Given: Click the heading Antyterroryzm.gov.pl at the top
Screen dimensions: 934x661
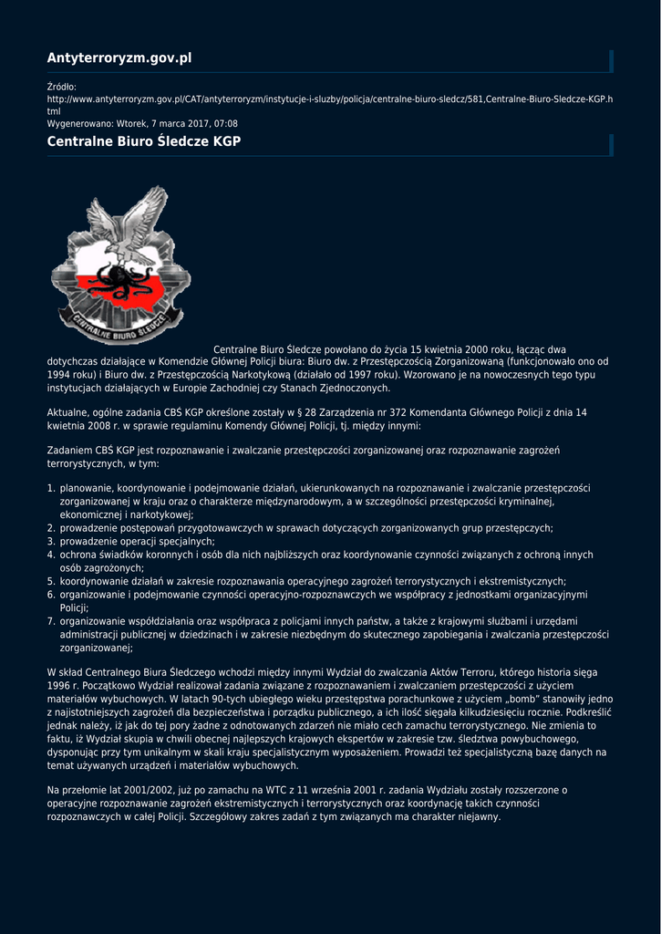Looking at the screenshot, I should coord(119,58).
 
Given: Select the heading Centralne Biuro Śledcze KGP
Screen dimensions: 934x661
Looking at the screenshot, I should coord(143,142).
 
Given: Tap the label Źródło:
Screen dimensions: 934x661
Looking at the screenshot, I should coord(62,87).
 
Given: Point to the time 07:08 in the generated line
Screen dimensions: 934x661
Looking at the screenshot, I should coord(226,123).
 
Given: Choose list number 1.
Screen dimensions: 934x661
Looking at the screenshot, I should coord(51,488).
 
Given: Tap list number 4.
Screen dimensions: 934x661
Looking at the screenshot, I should coord(51,555).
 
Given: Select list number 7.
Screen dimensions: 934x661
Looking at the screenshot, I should coord(51,621).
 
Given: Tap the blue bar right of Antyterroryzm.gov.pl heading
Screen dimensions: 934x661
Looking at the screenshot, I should coord(611,60).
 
